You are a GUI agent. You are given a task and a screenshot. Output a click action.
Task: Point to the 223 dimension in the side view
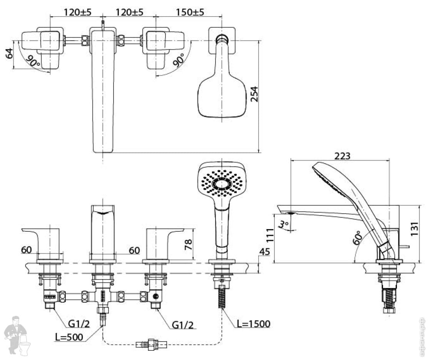click(342, 156)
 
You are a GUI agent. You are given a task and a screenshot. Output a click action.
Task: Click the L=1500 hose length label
click(253, 324)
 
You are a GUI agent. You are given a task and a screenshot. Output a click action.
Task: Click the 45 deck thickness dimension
click(265, 251)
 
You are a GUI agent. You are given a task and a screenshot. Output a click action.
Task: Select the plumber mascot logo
click(17, 335)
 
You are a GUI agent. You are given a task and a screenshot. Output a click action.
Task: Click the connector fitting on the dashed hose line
click(152, 343)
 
